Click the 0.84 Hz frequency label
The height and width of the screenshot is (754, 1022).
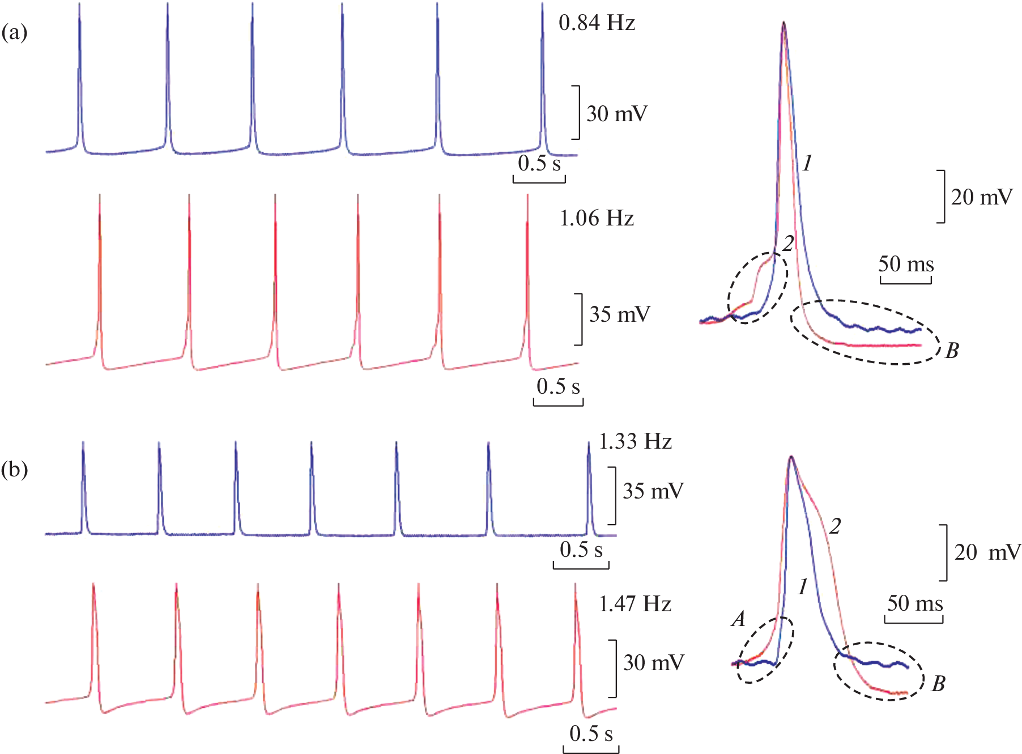click(597, 23)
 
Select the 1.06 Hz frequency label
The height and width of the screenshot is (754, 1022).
click(597, 218)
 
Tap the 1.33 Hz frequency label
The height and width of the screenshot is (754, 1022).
click(635, 441)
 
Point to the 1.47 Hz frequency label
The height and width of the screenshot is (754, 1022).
click(635, 604)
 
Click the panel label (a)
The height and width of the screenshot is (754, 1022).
click(14, 32)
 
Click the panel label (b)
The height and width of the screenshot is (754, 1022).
click(14, 470)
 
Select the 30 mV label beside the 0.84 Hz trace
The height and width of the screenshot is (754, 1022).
click(616, 114)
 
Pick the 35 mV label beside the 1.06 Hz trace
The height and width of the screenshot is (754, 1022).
click(619, 314)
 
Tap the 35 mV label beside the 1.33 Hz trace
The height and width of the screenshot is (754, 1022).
click(653, 491)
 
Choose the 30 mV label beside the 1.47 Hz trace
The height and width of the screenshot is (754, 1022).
click(653, 663)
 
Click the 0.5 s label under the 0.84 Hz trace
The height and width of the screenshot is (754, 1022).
click(539, 164)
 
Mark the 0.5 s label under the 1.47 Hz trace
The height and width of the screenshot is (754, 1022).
click(591, 734)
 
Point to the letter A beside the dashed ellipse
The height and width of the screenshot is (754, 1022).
click(738, 619)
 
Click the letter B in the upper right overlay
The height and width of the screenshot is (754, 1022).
click(952, 351)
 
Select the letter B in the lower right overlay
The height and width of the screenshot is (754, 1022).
click(939, 684)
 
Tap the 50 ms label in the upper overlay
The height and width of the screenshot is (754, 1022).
click(906, 264)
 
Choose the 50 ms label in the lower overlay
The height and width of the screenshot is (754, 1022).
click(914, 603)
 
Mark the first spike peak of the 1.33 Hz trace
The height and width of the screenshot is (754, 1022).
click(83, 442)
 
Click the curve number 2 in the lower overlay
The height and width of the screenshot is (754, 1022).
click(835, 527)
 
